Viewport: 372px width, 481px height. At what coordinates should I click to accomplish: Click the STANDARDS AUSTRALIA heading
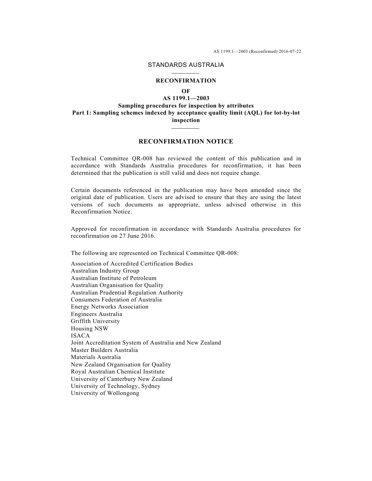coord(186,65)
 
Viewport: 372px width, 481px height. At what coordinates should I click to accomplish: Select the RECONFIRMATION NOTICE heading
coord(186,142)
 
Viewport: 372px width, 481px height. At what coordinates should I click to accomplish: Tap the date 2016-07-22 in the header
coord(290,51)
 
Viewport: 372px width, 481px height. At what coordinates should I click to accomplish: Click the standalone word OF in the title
coord(186,91)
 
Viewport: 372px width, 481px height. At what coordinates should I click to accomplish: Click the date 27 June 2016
coord(137,236)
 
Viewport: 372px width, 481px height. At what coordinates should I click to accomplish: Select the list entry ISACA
coord(80,336)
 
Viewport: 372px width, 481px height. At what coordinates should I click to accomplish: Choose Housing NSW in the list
coord(89,328)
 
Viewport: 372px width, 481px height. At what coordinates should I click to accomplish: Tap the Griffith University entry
coord(95,321)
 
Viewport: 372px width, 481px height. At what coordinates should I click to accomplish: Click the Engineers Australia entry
coord(96,314)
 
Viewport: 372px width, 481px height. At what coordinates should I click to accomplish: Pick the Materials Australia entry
coord(96,357)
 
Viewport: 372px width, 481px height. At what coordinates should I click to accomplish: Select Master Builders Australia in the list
coord(104,350)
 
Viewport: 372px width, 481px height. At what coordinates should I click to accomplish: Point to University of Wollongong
coord(105,393)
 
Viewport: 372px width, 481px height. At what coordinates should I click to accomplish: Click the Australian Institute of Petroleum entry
coord(114,278)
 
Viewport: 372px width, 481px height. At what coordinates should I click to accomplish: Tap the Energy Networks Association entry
coord(110,307)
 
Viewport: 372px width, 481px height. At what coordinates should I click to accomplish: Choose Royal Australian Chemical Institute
coord(117,372)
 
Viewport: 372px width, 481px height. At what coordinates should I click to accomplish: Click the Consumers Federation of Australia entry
coord(116,300)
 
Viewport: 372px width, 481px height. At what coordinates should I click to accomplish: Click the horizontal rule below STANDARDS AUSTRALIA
coord(186,73)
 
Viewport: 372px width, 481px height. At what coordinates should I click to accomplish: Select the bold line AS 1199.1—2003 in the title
coord(186,98)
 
